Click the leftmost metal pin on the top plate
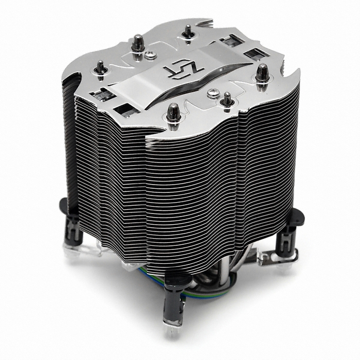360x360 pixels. point(101,67)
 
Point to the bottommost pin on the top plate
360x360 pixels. point(173,111)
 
